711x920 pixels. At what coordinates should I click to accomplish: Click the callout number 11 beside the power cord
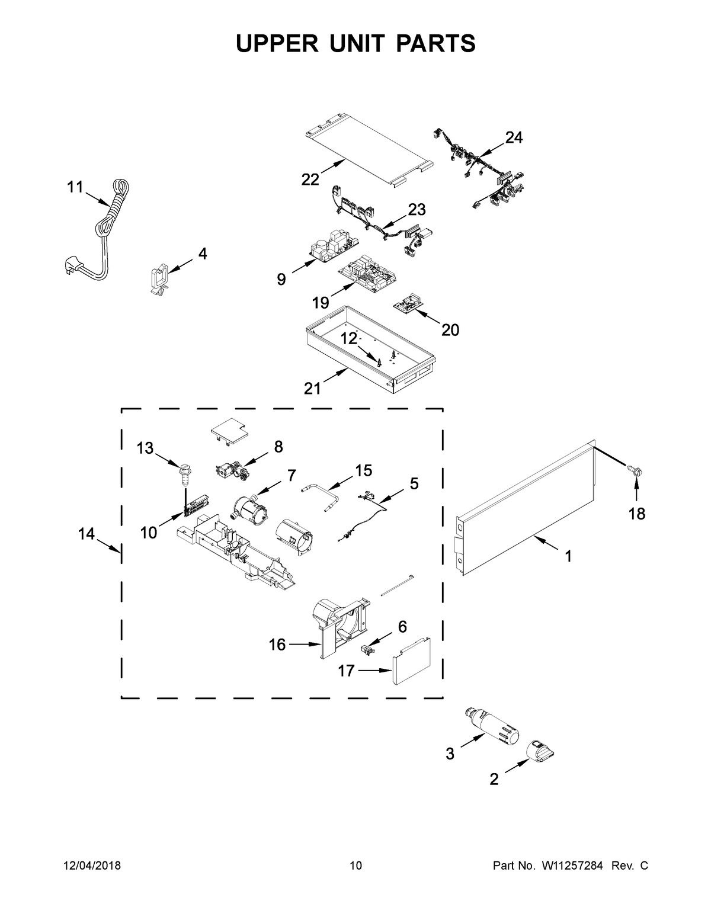coord(75,187)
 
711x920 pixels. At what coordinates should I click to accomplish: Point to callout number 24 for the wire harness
coord(514,137)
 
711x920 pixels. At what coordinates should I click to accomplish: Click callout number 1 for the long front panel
coord(568,556)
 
